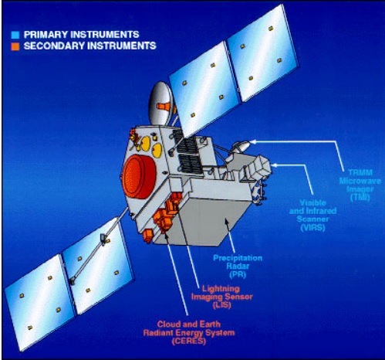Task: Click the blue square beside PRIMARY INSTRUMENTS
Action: [15, 35]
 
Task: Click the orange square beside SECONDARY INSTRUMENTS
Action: [15, 46]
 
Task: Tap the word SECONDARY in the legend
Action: [54, 46]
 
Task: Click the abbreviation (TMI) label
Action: [360, 198]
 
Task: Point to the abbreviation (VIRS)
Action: [312, 228]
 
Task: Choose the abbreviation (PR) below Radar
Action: [238, 275]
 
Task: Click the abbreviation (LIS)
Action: [221, 305]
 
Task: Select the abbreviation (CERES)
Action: [189, 341]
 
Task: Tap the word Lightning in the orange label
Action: [221, 288]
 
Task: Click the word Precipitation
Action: [238, 258]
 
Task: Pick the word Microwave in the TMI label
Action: [360, 181]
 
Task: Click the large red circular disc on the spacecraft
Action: [139, 177]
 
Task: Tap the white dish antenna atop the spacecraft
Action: [160, 104]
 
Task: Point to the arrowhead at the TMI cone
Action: [253, 141]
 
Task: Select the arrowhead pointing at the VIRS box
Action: [275, 165]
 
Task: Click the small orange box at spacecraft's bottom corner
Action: [148, 236]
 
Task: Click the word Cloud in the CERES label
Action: [168, 324]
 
